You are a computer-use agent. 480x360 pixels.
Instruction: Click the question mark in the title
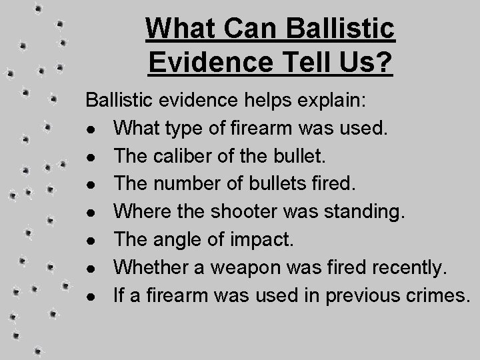pos(385,63)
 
